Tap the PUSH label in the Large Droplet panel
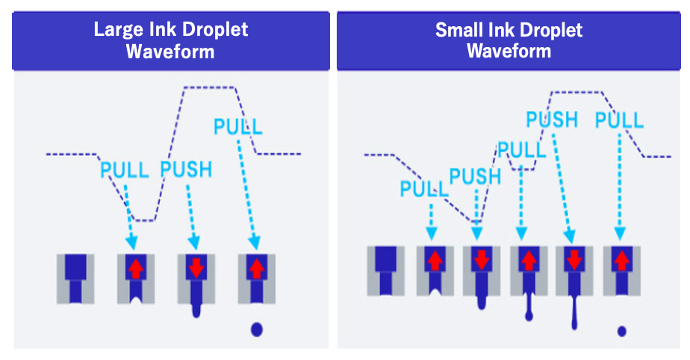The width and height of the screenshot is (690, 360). coord(186,170)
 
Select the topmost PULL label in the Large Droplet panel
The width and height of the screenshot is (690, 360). coord(238,125)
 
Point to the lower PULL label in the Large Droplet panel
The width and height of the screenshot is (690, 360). coord(125,170)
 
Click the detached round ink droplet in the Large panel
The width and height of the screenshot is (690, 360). coord(257,327)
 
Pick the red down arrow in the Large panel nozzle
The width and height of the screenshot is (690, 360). coord(196,268)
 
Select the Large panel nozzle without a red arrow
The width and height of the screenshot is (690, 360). coord(76,278)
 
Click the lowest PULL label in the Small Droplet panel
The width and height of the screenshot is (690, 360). coord(424,189)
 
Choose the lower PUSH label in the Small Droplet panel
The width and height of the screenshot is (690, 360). coord(475,176)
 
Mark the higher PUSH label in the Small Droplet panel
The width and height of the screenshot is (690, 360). coord(552,120)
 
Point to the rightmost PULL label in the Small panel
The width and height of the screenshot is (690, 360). coord(619,120)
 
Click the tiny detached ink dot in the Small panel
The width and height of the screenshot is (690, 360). coord(622,330)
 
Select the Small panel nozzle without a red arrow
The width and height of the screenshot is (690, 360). coord(385,270)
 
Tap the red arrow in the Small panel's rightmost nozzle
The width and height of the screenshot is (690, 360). coord(622,260)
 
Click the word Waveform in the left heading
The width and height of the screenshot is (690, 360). coord(170,52)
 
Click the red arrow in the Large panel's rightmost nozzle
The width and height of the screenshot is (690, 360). coord(256,267)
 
